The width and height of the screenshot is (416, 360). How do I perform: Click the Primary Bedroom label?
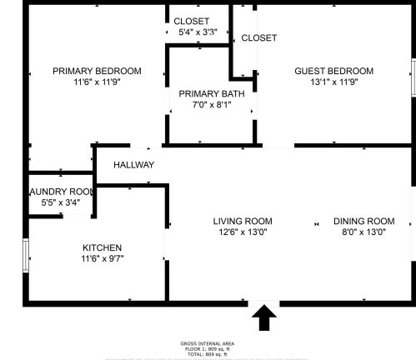[x=97, y=71]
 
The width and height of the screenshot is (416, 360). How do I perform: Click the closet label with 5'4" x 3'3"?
[x=191, y=21]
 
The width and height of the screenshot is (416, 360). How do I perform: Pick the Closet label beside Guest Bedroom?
[x=258, y=37]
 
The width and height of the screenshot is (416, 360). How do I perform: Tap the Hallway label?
[x=133, y=165]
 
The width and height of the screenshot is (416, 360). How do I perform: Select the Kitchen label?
[x=102, y=247]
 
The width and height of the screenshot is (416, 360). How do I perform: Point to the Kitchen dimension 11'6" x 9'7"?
[x=102, y=259]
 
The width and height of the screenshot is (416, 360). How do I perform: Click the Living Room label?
[x=243, y=221]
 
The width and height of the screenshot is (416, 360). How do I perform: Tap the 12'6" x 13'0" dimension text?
[x=243, y=232]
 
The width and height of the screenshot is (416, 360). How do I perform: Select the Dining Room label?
[x=363, y=221]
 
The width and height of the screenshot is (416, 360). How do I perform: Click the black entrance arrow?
[x=265, y=317]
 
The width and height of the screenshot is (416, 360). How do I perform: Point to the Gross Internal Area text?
[x=207, y=343]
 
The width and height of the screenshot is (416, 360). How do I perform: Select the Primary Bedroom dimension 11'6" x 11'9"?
[x=97, y=82]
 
